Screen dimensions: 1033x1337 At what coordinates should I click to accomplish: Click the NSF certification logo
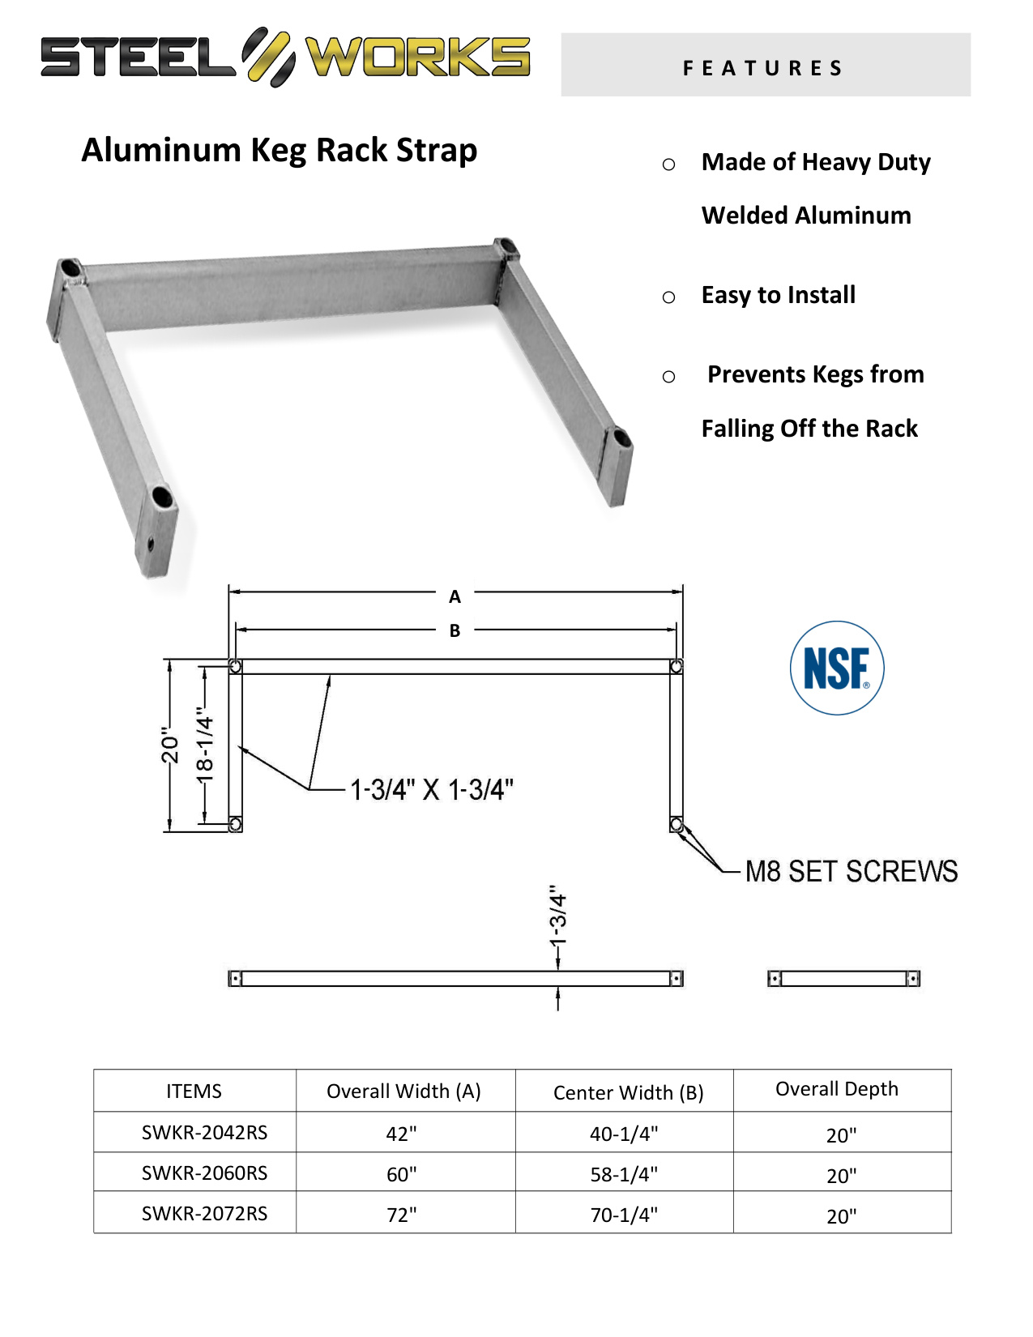[x=836, y=668]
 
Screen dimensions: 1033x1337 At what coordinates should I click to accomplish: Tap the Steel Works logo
[x=285, y=57]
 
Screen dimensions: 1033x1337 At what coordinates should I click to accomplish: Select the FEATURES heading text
[x=762, y=68]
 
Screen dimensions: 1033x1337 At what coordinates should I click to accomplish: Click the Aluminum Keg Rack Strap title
[x=280, y=150]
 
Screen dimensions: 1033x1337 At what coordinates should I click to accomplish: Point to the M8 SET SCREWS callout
[x=852, y=871]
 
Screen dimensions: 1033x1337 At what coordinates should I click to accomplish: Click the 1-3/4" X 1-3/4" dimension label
[x=431, y=789]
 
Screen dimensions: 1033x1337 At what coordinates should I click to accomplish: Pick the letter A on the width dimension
[x=455, y=596]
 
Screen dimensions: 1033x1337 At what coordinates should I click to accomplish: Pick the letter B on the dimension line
[x=455, y=630]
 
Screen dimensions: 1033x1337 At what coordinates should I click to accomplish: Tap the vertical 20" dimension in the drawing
[x=169, y=745]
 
